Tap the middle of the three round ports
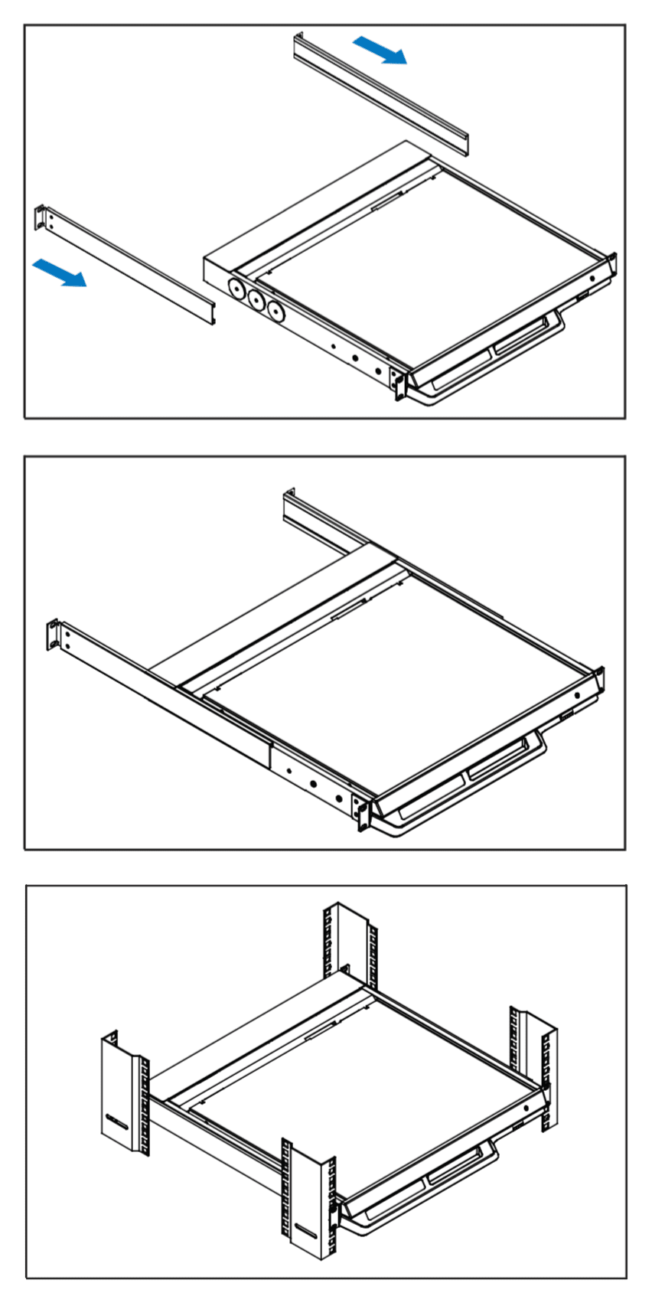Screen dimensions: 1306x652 pyautogui.click(x=254, y=300)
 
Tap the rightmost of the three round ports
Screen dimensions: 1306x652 pyautogui.click(x=273, y=312)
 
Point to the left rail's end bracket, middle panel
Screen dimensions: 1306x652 pyautogui.click(x=54, y=635)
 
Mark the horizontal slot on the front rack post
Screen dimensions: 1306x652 pyautogui.click(x=304, y=1232)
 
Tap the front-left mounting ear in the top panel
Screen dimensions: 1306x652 pyautogui.click(x=399, y=384)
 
